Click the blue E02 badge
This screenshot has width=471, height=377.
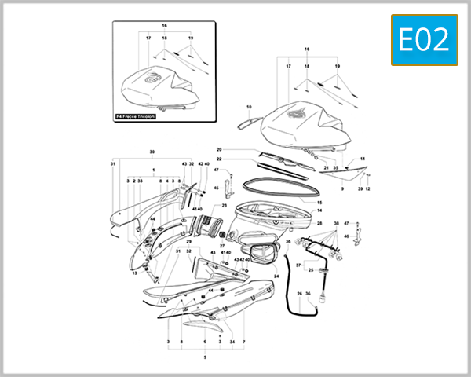click(424, 40)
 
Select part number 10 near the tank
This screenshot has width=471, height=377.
click(248, 106)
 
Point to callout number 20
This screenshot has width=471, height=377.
click(220, 149)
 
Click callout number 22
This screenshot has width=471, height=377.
click(220, 159)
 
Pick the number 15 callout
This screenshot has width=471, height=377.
click(319, 202)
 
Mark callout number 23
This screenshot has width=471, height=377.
click(224, 206)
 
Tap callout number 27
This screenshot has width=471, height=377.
click(222, 246)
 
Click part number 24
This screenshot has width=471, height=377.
click(276, 276)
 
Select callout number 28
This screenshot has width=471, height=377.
click(319, 224)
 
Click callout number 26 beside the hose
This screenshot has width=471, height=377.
click(299, 294)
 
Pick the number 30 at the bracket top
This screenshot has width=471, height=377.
click(152, 151)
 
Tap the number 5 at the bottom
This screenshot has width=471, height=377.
click(205, 357)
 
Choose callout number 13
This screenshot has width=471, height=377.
click(134, 273)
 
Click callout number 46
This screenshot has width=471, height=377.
click(346, 236)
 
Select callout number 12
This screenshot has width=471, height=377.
click(367, 189)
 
